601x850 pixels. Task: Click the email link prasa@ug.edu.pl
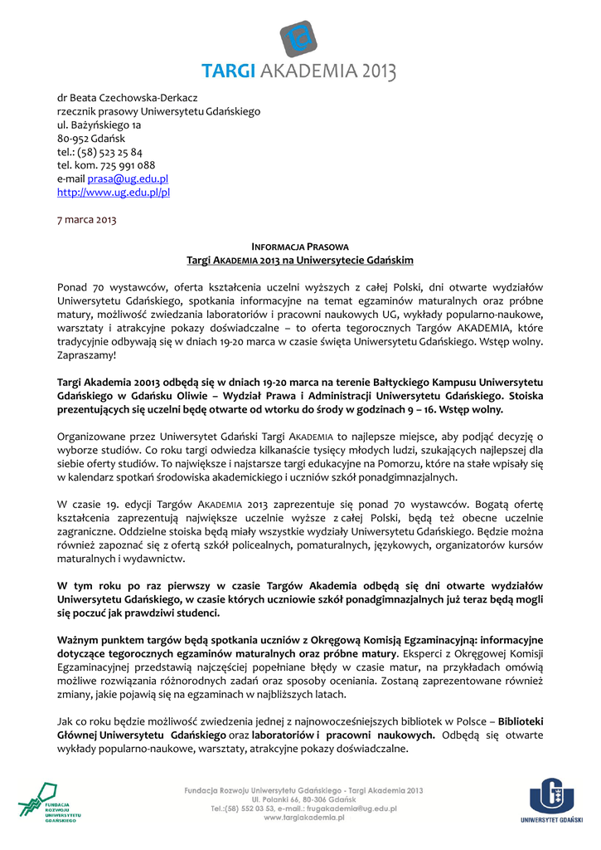[x=128, y=178]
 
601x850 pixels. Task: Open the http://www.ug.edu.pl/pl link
[x=114, y=192]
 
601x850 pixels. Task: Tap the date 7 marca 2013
[x=87, y=220]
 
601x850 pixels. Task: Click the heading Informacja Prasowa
[x=300, y=247]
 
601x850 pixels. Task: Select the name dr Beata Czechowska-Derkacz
[x=127, y=97]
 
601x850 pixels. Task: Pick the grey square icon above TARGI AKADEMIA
[x=299, y=38]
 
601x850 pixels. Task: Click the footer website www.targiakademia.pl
[x=303, y=818]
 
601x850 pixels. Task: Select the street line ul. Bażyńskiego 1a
[x=99, y=125]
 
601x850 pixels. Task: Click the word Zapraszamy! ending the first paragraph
[x=87, y=354]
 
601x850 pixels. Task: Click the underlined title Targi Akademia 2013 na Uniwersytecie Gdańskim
[x=300, y=261]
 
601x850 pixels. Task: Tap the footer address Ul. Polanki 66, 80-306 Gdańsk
[x=303, y=799]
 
